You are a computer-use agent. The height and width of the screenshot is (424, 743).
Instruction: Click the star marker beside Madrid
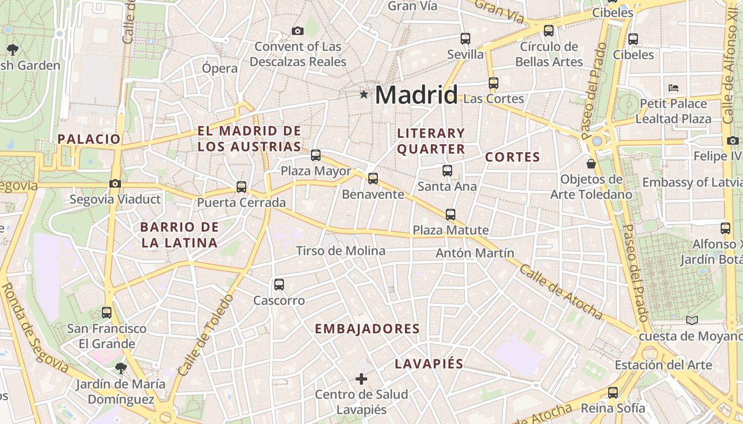tap(364, 95)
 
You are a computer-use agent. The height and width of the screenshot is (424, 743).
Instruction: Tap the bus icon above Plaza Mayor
tap(316, 155)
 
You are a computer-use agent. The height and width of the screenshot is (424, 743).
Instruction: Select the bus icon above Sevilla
tap(465, 39)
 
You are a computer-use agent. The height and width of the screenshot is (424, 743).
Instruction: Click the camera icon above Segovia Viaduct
tap(115, 184)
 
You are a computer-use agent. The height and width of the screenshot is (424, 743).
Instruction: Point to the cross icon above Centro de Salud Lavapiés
tap(361, 379)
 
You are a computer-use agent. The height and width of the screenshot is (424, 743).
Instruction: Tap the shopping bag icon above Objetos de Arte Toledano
tap(591, 164)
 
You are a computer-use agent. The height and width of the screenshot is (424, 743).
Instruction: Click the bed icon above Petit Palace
tap(673, 87)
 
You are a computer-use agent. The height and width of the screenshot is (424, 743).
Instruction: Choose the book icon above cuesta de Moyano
tap(692, 320)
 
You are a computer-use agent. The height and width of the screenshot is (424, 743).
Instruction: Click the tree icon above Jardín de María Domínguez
tap(121, 368)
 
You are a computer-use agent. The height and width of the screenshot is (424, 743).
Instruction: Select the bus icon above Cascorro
tap(279, 285)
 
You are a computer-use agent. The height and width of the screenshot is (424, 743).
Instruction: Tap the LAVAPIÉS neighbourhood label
tap(429, 364)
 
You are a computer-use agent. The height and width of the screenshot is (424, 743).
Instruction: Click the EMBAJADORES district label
tap(367, 329)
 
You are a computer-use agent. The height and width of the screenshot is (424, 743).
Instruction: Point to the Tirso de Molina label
tap(341, 251)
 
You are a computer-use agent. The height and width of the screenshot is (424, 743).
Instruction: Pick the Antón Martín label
tap(475, 253)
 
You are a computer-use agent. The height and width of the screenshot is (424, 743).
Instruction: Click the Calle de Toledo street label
tap(206, 335)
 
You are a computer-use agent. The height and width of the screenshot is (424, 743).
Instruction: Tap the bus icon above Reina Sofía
tap(613, 393)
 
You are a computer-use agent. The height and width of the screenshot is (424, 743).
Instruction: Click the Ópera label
tap(220, 68)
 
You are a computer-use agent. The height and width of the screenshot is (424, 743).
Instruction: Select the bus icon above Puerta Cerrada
tap(241, 187)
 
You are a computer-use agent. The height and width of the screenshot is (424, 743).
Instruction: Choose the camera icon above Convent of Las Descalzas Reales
tap(298, 31)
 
